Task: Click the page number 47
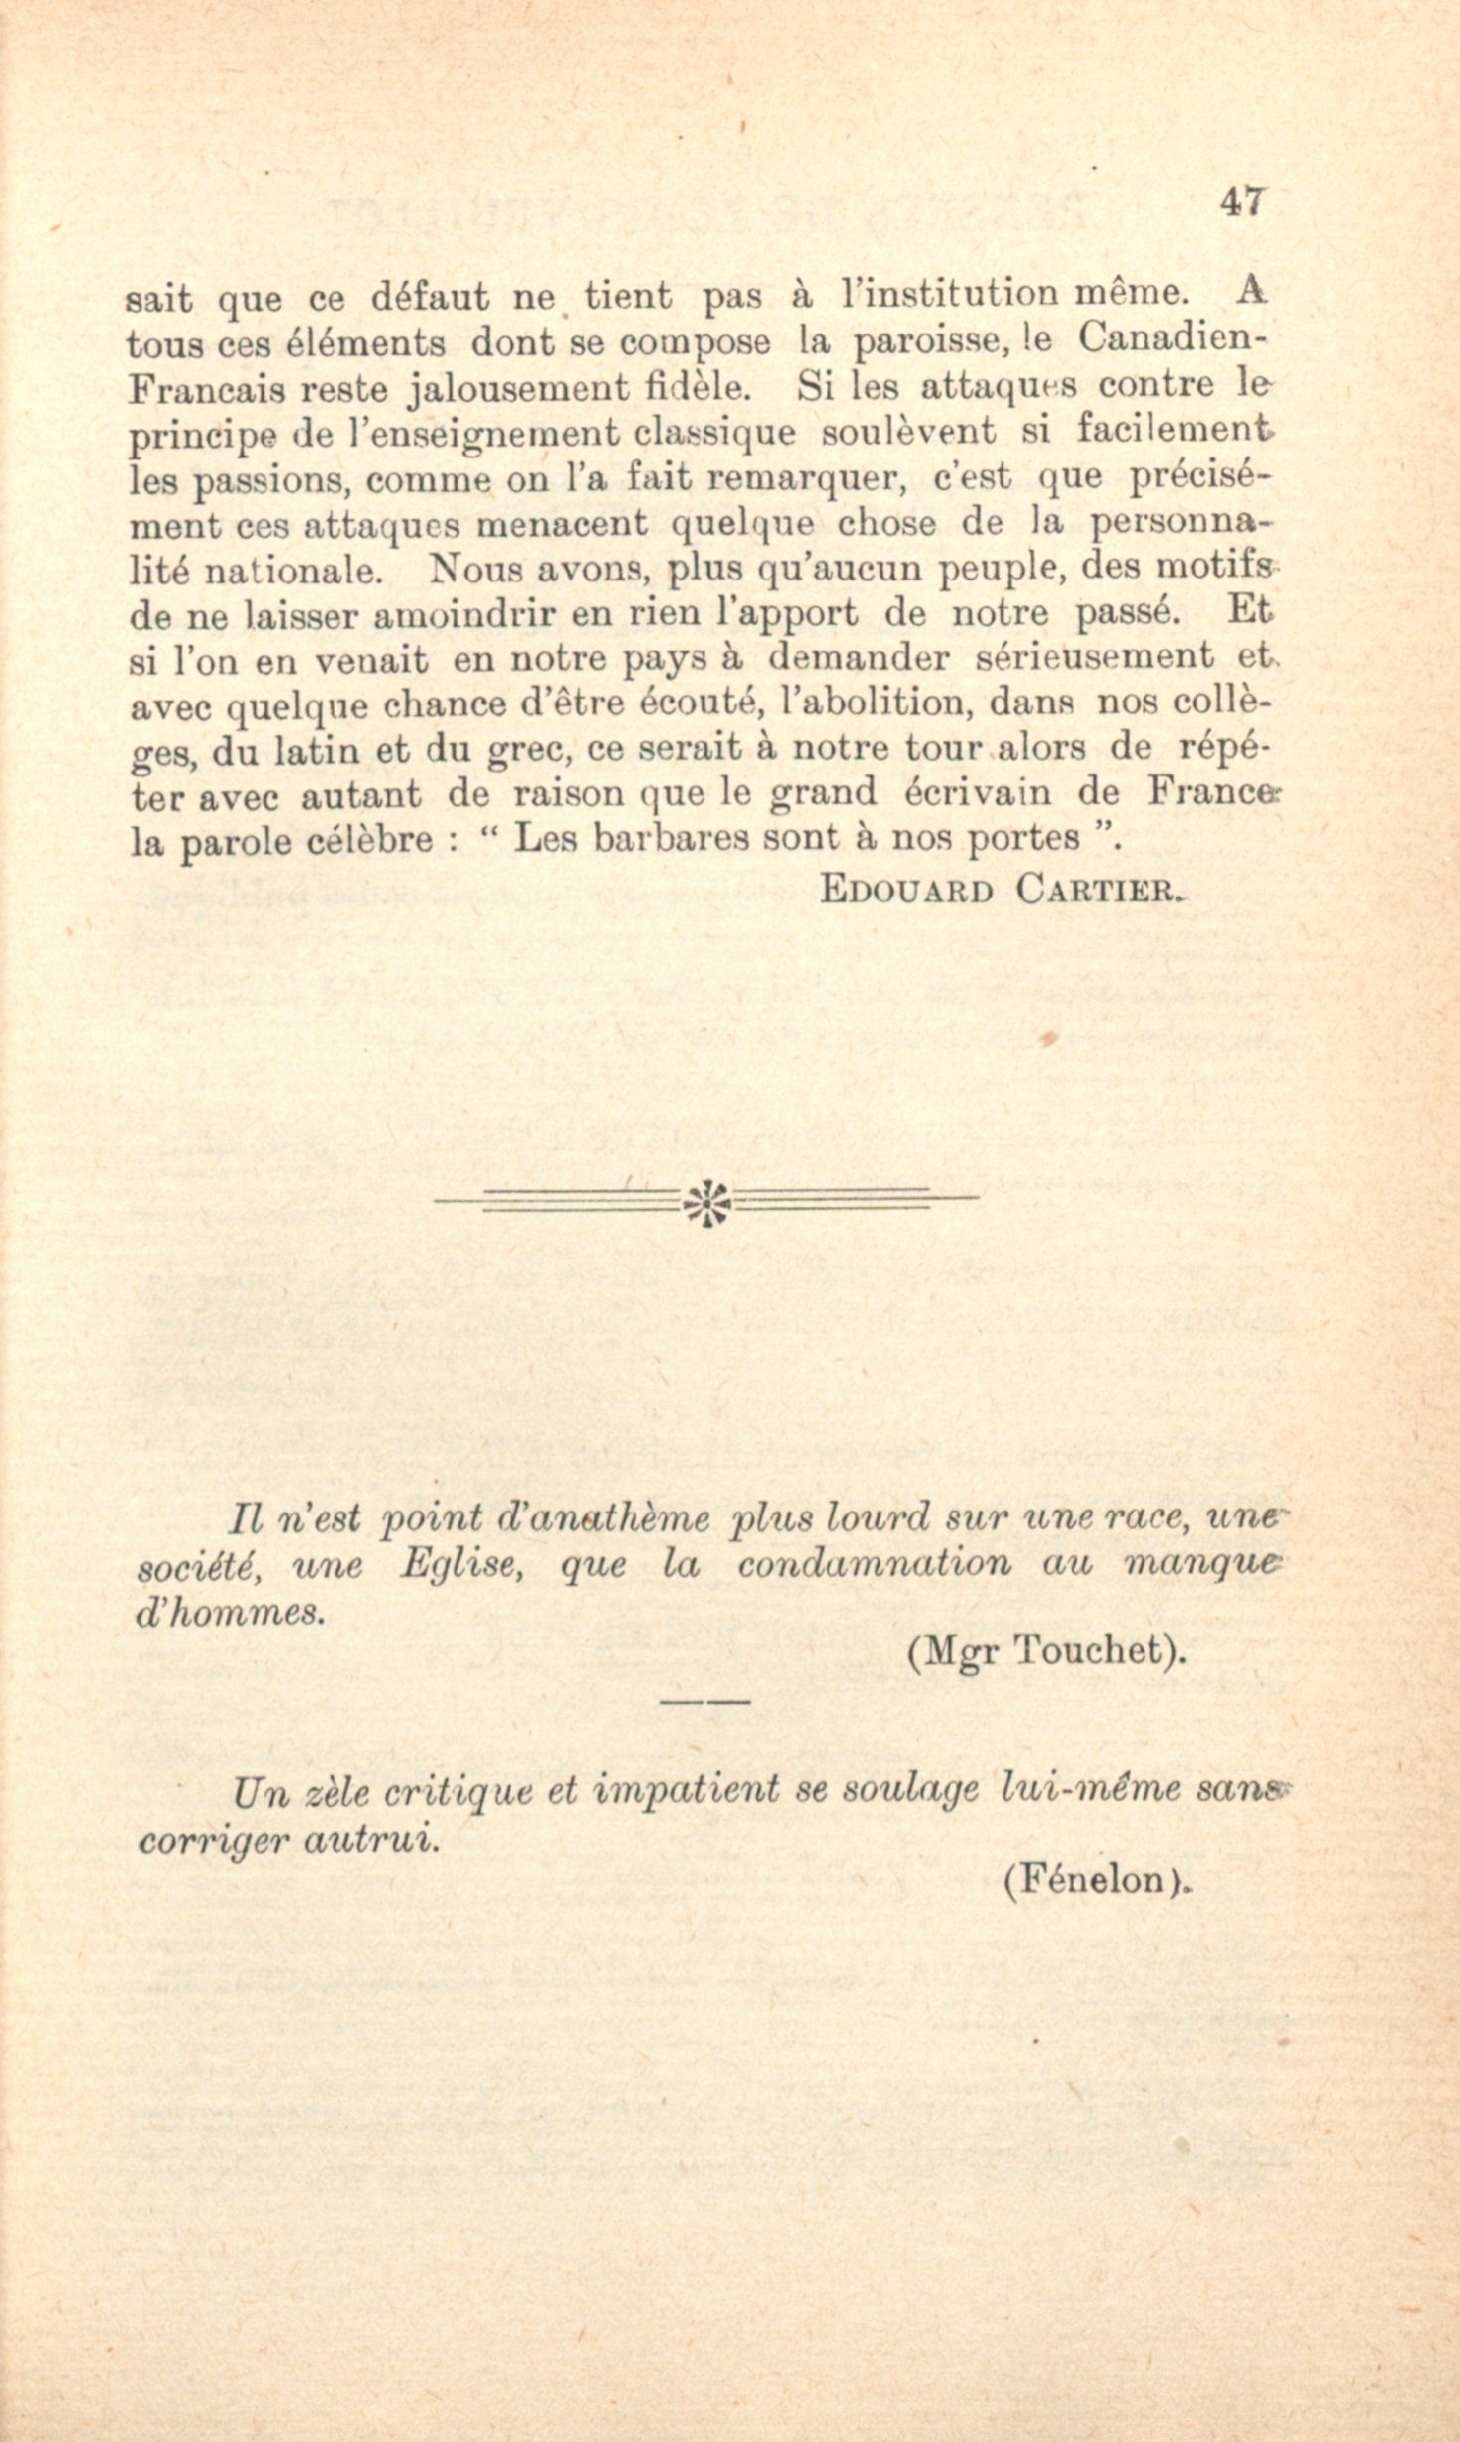tap(1241, 202)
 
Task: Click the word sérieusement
tap(1095, 657)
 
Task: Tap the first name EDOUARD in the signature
tap(907, 888)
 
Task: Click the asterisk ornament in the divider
tap(706, 1202)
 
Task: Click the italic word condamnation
tap(873, 1565)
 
